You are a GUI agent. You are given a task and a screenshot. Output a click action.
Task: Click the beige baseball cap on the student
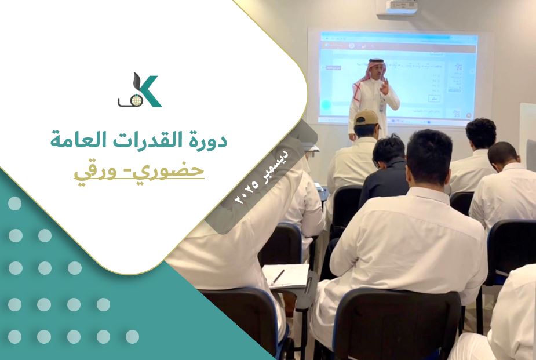pyautogui.click(x=366, y=118)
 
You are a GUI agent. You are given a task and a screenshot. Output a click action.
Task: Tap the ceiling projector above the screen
pyautogui.click(x=398, y=7)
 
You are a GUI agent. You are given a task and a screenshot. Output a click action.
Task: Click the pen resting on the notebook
pyautogui.click(x=278, y=277)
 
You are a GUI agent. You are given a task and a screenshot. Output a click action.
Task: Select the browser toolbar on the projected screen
pyautogui.click(x=400, y=40)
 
